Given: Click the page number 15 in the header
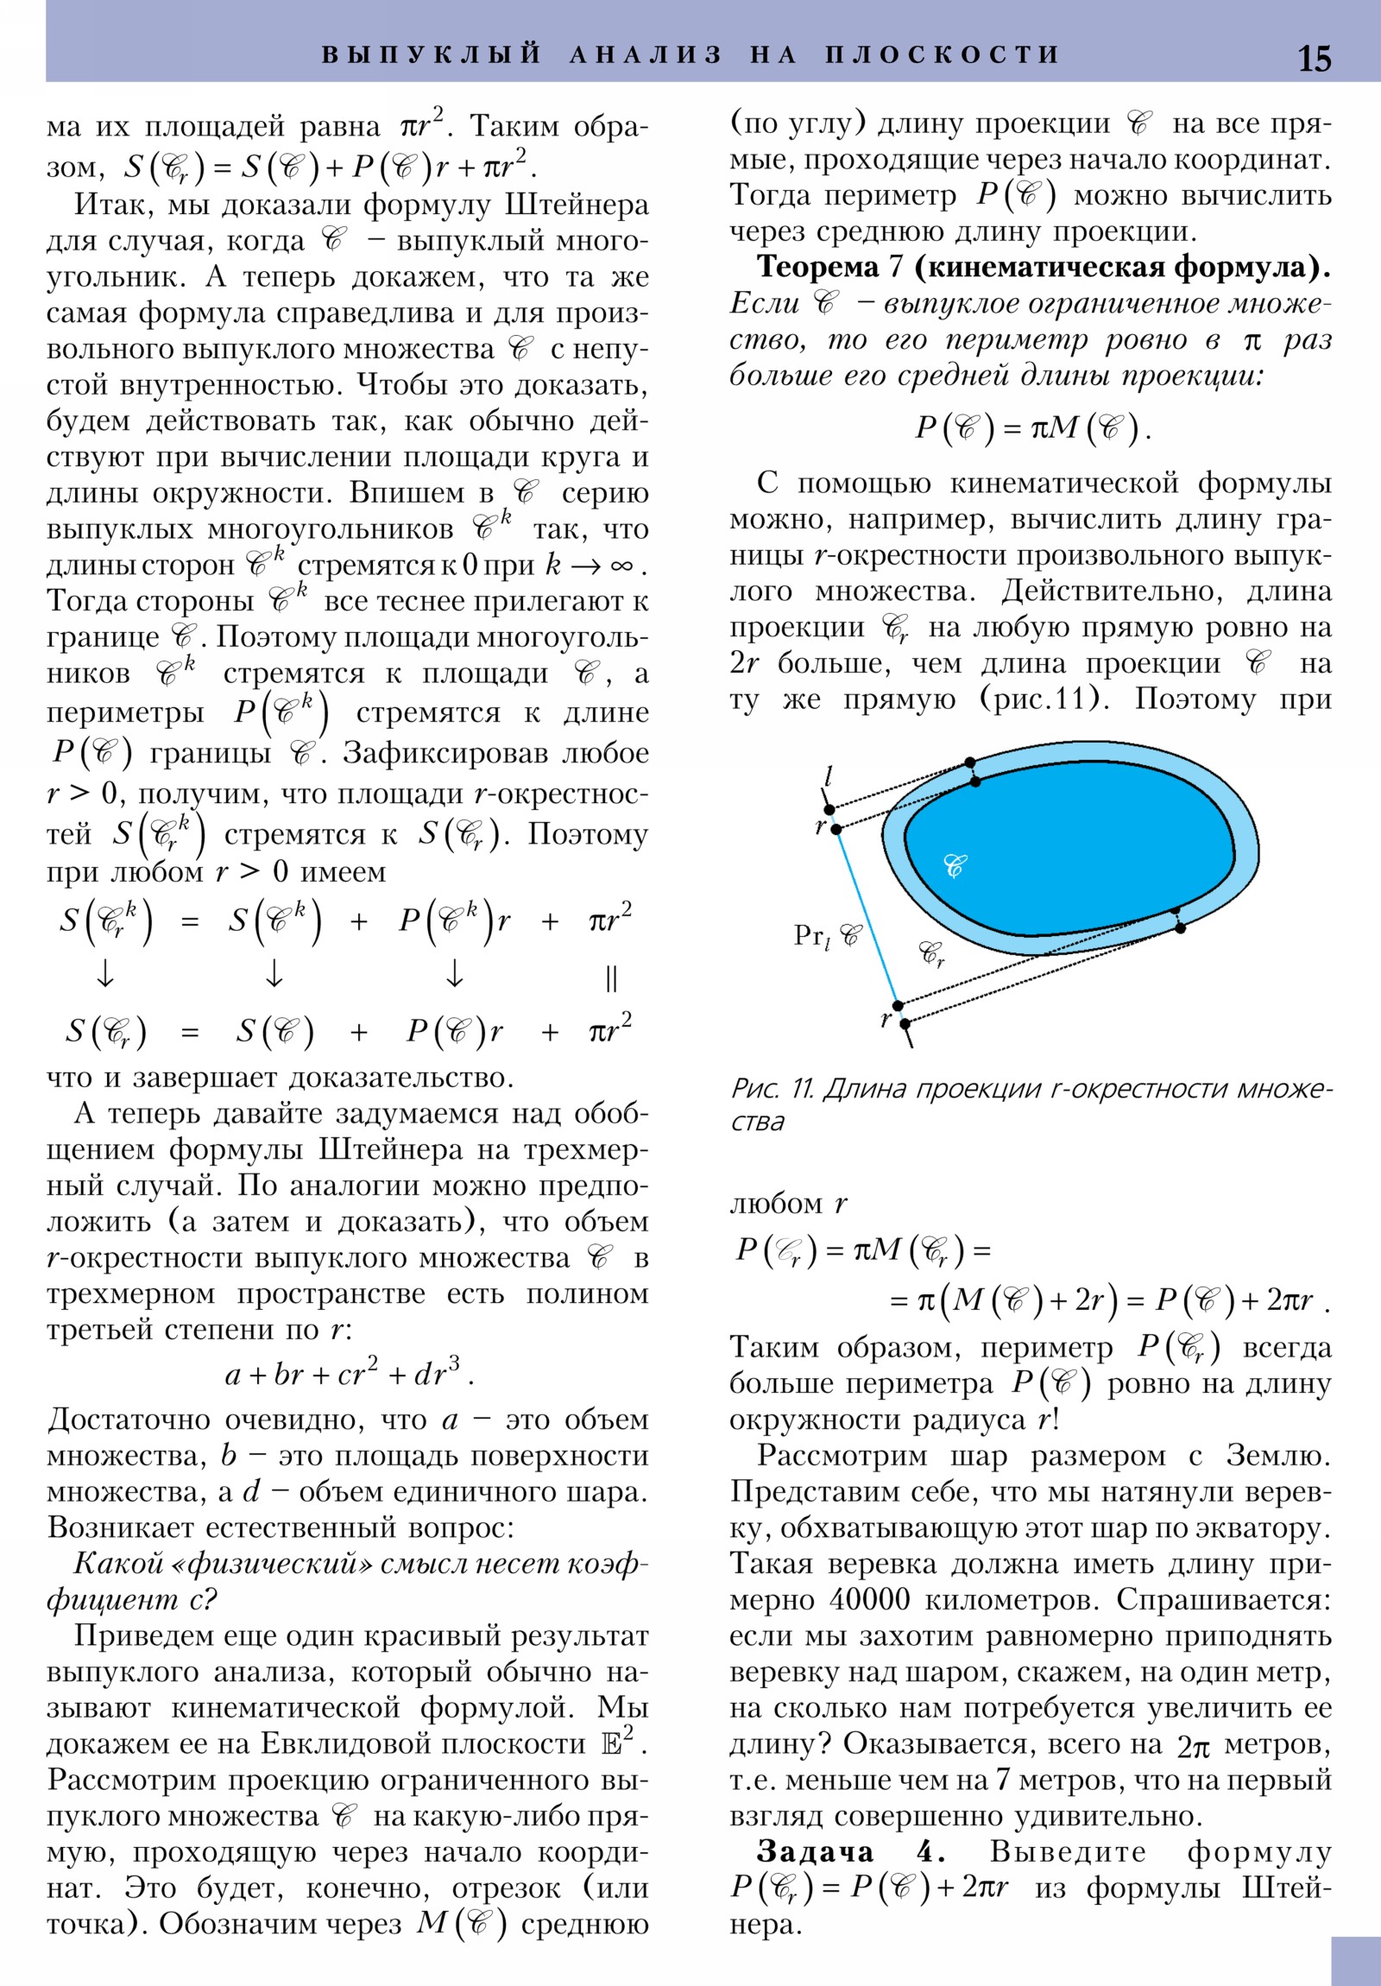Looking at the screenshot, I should click(x=1314, y=58).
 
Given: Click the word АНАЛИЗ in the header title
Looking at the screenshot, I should click(x=645, y=54).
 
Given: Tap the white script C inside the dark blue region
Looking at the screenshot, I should click(x=955, y=865).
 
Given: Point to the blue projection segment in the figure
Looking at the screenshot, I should click(x=867, y=917).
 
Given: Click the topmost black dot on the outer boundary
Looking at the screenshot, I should click(x=970, y=762).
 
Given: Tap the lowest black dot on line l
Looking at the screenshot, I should click(x=905, y=1023).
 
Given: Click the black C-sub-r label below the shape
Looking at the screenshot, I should click(x=931, y=953).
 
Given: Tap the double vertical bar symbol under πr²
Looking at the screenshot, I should click(x=610, y=978).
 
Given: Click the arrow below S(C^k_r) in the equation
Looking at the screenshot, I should click(x=104, y=974).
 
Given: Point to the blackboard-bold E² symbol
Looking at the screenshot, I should click(x=616, y=1742).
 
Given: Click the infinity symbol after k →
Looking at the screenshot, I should click(x=621, y=566).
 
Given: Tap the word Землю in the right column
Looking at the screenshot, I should click(x=1277, y=1455).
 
